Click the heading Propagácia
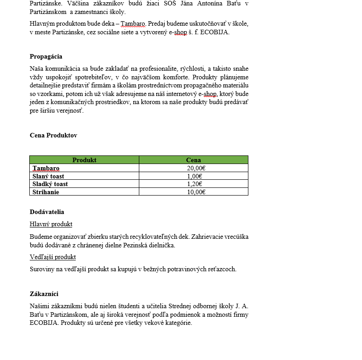pos(46,57)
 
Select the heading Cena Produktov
pos(53,135)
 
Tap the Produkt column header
pos(84,160)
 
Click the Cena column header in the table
pos(193,160)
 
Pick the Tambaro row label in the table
pos(46,169)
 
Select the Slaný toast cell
pos(48,176)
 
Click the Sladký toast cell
pos(50,184)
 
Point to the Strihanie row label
pos(46,192)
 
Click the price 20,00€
pos(196,169)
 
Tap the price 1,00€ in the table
pos(194,176)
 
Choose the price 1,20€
pos(194,184)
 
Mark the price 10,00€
pos(196,192)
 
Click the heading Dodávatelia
pos(47,212)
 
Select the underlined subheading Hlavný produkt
pos(51,224)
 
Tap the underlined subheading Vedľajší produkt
pos(53,257)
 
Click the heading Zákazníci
pos(44,294)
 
